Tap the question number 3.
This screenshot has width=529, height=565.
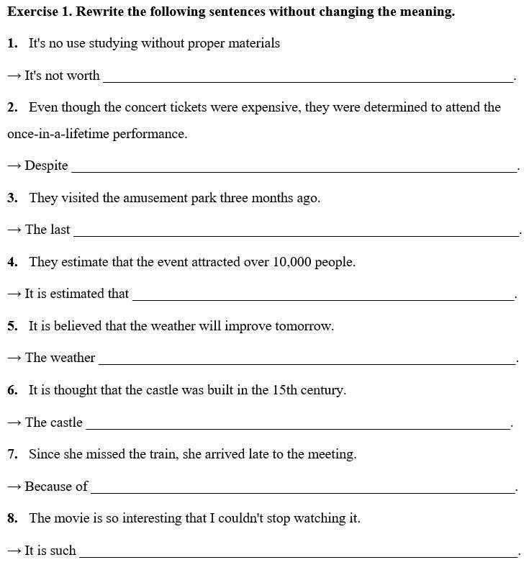[12, 198]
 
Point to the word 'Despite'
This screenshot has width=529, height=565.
[47, 166]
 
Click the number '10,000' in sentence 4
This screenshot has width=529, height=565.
[291, 262]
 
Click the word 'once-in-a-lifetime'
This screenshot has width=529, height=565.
[58, 134]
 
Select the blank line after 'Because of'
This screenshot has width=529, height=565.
[302, 492]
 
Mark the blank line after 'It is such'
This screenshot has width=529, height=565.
[298, 556]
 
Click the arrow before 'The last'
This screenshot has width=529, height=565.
[14, 230]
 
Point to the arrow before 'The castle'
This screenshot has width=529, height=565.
[14, 423]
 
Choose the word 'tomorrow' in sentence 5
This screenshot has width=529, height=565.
[304, 326]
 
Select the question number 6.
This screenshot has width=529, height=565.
[12, 390]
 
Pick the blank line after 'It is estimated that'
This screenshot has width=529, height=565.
[324, 299]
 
